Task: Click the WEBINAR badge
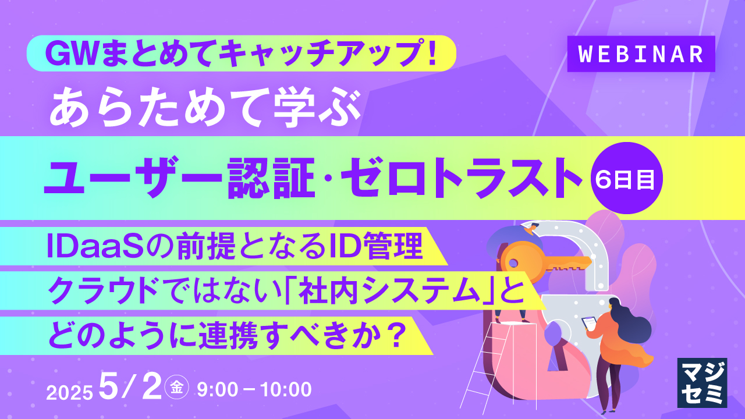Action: tap(641, 54)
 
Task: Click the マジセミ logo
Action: tap(702, 382)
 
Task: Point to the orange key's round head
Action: tap(518, 260)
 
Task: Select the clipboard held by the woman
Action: tap(590, 322)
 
